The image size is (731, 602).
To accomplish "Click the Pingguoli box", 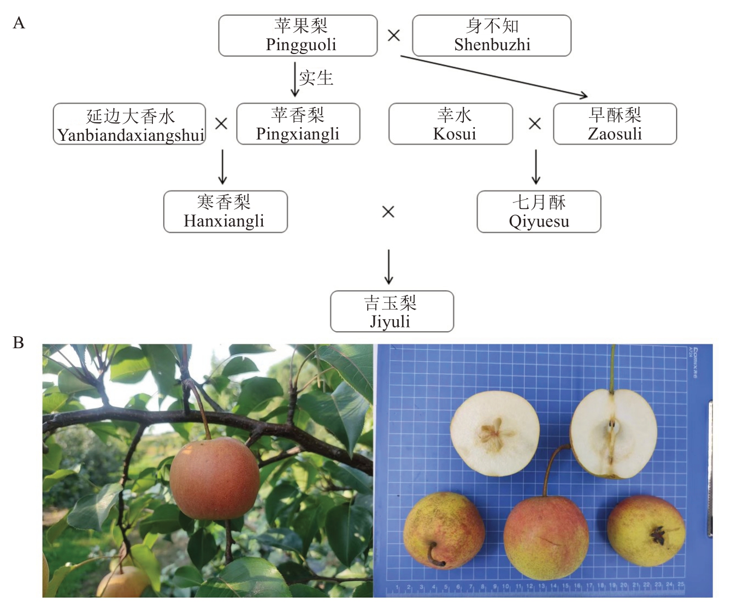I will pos(298,35).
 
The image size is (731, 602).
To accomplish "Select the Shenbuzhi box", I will pos(491,35).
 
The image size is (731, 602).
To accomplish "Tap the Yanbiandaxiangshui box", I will pos(129,124).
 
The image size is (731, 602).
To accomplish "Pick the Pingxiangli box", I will pos(298,124).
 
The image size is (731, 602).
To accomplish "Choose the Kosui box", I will pos(450,124).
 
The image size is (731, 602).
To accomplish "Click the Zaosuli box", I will pos(615,124).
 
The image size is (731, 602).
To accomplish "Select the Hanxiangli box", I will pos(225,212).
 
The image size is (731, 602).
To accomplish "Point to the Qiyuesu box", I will pos(539,212).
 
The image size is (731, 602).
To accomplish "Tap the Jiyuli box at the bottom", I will pos(392,312).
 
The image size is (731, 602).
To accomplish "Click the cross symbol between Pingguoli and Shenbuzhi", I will pos(394,35).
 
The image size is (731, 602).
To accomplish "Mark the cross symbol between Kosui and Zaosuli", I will pos(535,124).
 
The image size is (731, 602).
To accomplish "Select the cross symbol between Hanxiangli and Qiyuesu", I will pos(388,212).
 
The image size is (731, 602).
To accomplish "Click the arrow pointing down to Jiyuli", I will pos(388,267).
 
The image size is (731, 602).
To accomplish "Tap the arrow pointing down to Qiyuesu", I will pos(536,167).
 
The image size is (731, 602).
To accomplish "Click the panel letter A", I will pos(19,23).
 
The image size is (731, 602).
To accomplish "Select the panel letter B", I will pos(19,343).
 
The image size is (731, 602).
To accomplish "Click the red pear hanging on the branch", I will pos(214,478).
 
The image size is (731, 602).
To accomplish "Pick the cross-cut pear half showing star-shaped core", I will pos(494,430).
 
